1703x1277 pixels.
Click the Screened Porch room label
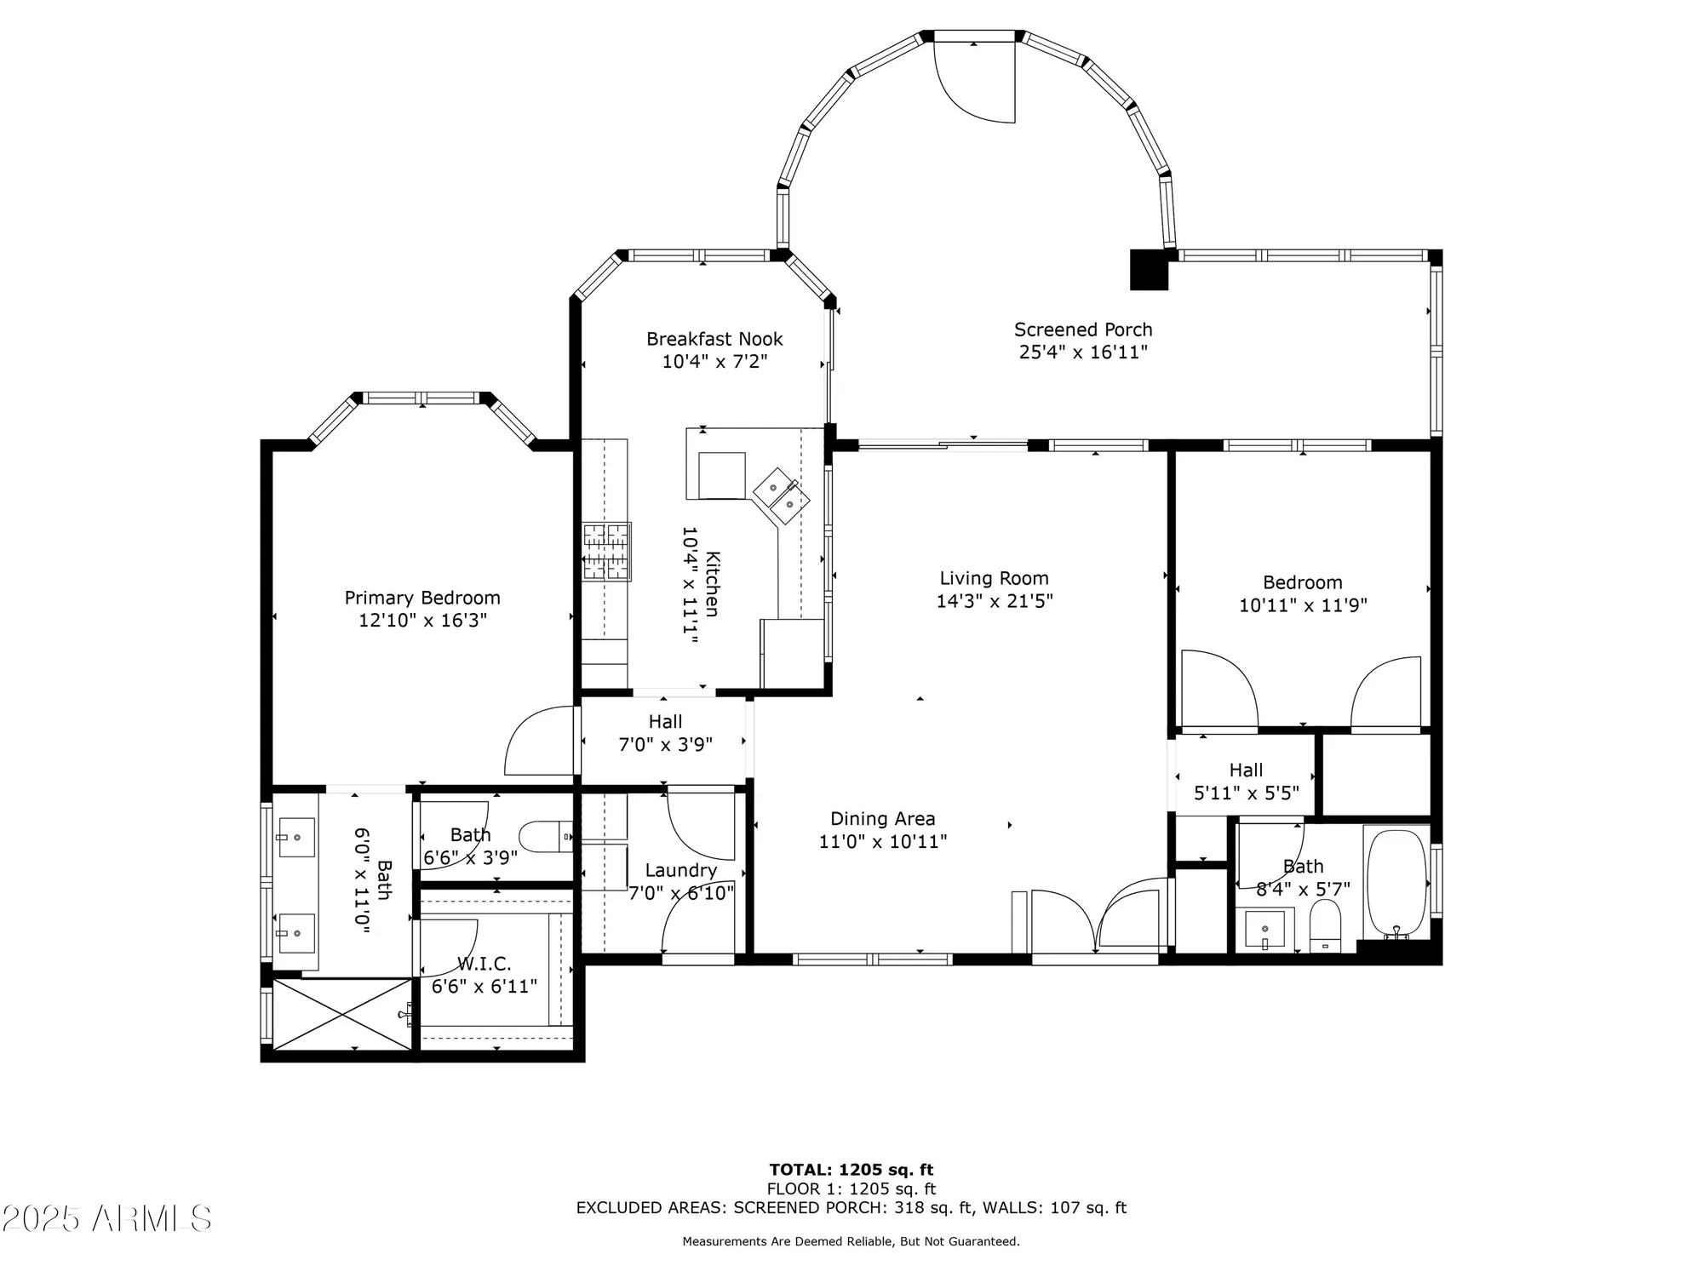(1082, 329)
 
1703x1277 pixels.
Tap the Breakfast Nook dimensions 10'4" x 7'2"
(714, 362)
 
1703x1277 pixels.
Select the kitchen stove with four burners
(606, 551)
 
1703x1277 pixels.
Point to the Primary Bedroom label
(422, 598)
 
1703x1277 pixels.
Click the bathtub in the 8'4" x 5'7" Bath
(1396, 883)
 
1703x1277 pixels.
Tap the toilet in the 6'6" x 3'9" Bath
(545, 836)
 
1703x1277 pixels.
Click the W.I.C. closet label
(484, 964)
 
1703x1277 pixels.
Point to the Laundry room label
(680, 870)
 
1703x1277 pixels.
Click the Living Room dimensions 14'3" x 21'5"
(994, 601)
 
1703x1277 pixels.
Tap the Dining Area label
(882, 819)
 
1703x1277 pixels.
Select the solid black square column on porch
(1149, 269)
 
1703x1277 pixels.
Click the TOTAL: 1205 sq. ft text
(851, 1170)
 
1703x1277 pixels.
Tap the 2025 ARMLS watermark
(106, 1219)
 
